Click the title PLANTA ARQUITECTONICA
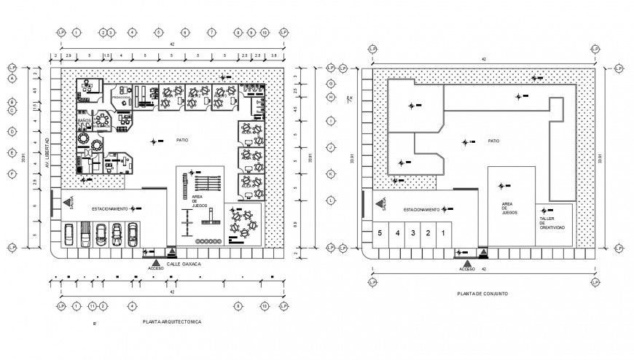click(172, 321)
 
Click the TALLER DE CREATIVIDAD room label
click(552, 223)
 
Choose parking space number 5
click(379, 233)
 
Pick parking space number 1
click(445, 233)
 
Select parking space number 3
click(412, 233)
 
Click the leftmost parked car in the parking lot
click(69, 234)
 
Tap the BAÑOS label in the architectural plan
click(84, 121)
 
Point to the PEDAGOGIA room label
click(121, 96)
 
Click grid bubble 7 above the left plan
click(211, 33)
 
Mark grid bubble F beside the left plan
click(12, 173)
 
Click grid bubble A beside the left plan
click(12, 82)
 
